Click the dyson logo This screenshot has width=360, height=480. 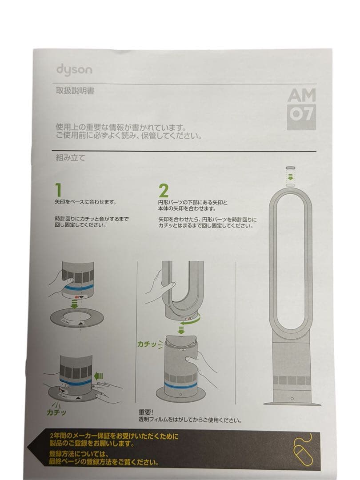[x=74, y=70]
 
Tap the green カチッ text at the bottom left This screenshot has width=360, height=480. [x=56, y=412]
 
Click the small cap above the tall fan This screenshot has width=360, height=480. [x=291, y=169]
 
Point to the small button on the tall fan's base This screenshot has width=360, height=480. [x=292, y=399]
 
